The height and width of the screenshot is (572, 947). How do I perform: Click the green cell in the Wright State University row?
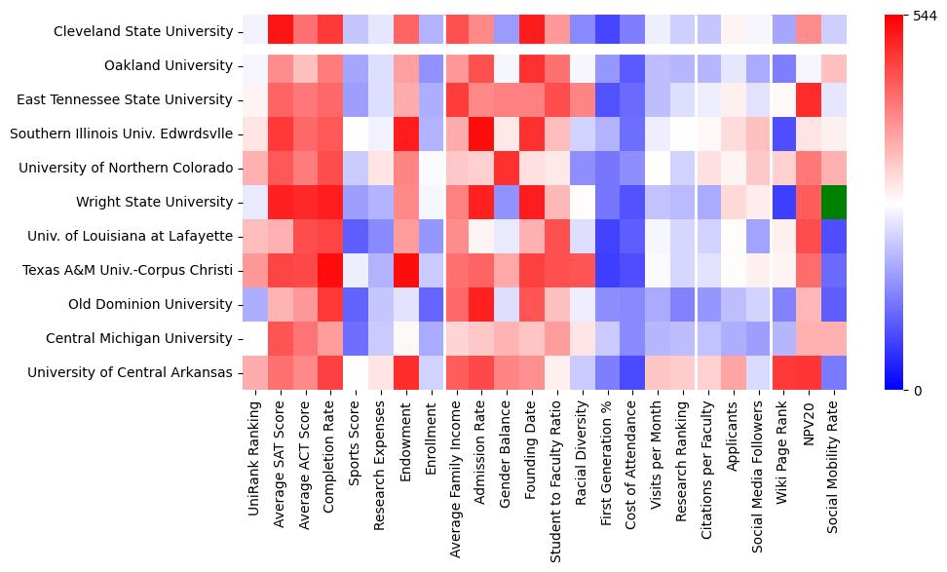tap(835, 202)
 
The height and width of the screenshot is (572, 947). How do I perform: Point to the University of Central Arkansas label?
tap(130, 372)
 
